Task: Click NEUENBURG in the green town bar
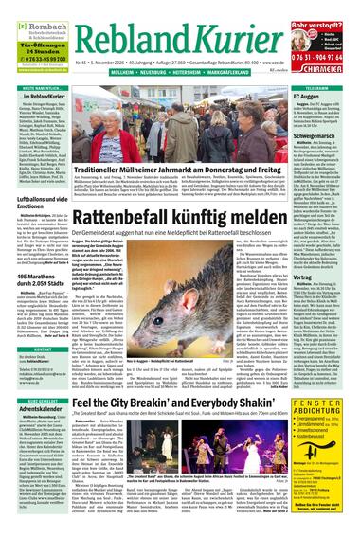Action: point(159,70)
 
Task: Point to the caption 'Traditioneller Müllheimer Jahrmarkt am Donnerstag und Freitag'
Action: point(179,156)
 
